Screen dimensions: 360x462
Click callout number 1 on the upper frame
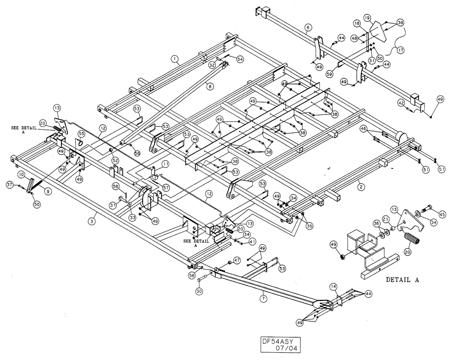pyautogui.click(x=174, y=59)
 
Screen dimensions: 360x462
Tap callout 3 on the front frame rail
pyautogui.click(x=94, y=214)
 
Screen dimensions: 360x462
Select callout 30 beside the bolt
pyautogui.click(x=199, y=292)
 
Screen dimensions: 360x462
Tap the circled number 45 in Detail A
pyautogui.click(x=442, y=214)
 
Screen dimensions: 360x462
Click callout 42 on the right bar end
pyautogui.click(x=401, y=103)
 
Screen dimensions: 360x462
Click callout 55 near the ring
pyautogui.click(x=81, y=134)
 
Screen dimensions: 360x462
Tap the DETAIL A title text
pyautogui.click(x=402, y=280)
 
